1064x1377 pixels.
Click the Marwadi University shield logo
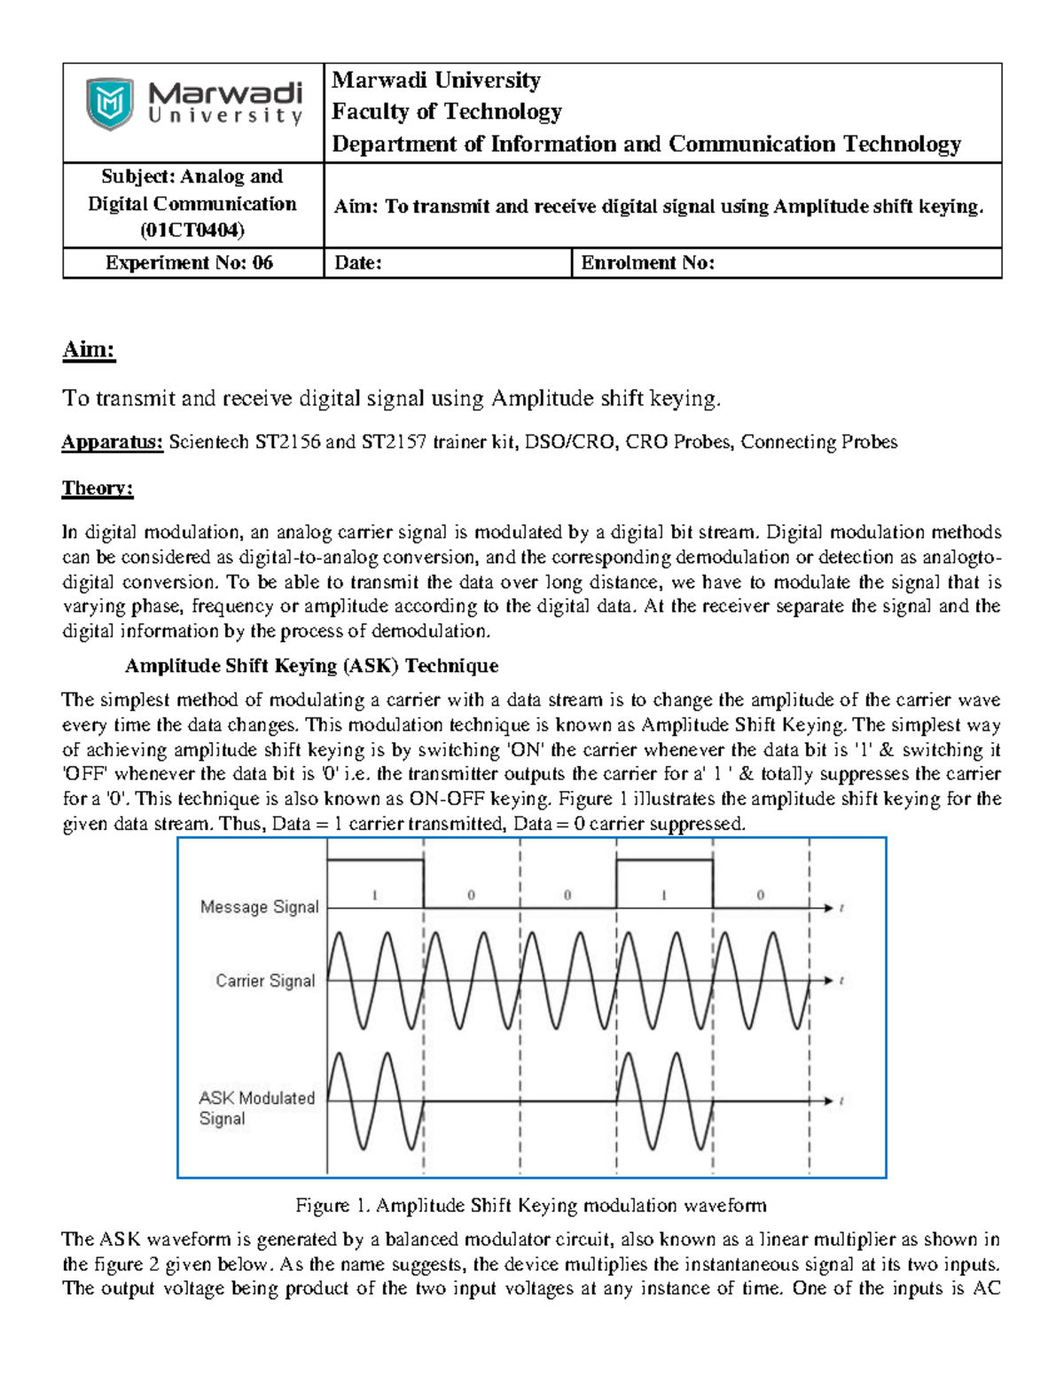coord(110,104)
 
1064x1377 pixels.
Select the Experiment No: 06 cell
coord(189,262)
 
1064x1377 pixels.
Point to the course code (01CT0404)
coord(192,231)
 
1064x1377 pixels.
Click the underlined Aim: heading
coord(89,349)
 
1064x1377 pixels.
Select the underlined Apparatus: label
coord(113,442)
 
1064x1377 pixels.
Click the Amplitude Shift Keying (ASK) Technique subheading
coord(311,666)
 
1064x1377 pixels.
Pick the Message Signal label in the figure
coord(259,906)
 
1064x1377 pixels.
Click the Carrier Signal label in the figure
coord(265,981)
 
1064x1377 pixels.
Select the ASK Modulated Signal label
coord(256,1107)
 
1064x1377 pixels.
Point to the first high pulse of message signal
coord(375,882)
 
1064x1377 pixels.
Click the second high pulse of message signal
coord(664,882)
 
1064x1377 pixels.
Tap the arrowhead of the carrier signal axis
coord(828,981)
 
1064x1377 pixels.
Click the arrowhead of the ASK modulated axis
coord(828,1101)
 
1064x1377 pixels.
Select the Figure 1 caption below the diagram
coord(530,1205)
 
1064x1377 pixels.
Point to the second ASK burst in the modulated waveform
coord(664,1101)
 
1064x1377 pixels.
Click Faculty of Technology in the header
coord(447,112)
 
